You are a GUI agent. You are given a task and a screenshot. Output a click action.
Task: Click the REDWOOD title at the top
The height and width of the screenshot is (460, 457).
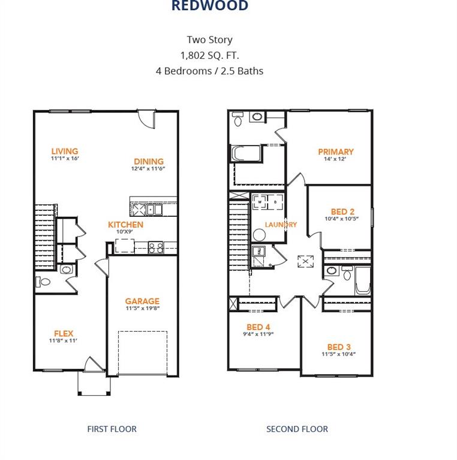[x=209, y=6]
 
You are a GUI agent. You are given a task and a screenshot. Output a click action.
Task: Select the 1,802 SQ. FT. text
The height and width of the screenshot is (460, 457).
[x=209, y=55]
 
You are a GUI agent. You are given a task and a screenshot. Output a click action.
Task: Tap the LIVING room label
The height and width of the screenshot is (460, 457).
[x=65, y=152]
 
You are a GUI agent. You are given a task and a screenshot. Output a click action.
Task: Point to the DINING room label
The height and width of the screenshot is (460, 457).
[x=149, y=161]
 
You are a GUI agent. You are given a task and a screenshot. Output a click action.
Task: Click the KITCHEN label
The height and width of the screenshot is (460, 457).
[x=125, y=225]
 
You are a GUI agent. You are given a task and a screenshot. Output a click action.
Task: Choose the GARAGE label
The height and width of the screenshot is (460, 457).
[x=142, y=301]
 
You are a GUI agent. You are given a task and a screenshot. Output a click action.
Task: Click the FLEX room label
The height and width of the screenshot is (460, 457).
[x=64, y=333]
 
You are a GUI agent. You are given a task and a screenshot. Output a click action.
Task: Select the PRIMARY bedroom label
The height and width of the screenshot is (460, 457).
[x=335, y=152]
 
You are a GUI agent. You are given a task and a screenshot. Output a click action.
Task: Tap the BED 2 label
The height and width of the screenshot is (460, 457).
[x=342, y=211]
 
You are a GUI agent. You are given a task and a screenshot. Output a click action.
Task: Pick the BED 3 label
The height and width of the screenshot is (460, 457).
[x=339, y=347]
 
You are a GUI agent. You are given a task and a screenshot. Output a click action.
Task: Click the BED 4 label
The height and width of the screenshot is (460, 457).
[x=258, y=327]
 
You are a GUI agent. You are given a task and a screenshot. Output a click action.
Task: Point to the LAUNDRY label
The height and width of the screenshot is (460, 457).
[x=281, y=225]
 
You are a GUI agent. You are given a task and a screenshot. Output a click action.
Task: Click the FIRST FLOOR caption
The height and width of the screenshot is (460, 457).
[x=112, y=429]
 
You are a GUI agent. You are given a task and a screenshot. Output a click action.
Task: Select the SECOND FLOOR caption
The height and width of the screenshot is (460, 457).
[x=297, y=429]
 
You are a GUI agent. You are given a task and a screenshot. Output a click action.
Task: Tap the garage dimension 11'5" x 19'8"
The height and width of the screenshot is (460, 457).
[x=142, y=309]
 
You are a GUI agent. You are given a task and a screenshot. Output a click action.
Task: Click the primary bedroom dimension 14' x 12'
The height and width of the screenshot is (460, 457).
[x=335, y=159]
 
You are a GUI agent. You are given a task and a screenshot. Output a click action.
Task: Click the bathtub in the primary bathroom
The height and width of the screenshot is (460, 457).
[x=246, y=153]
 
